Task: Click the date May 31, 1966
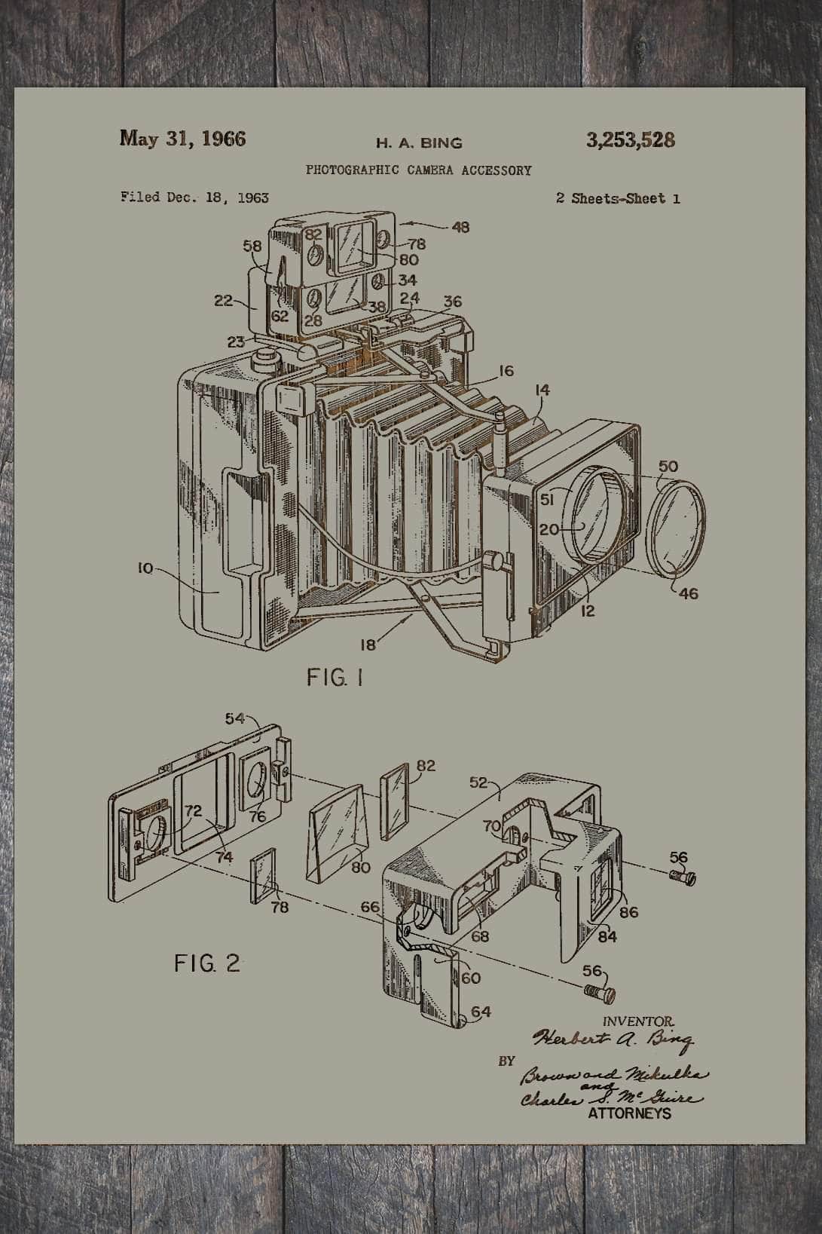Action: coord(182,139)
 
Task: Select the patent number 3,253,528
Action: coord(630,139)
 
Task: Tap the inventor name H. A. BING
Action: coord(419,142)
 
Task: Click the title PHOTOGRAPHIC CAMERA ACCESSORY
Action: coord(418,170)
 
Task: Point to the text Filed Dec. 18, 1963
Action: coord(194,198)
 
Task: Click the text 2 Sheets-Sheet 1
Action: coord(618,199)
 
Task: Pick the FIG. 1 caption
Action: coord(335,678)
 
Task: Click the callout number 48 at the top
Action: coord(460,226)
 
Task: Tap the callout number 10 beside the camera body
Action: coord(145,568)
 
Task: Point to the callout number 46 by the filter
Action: coord(688,594)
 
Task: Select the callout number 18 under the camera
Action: coord(368,644)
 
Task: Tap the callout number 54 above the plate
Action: coord(235,718)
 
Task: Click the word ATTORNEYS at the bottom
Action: coord(629,1113)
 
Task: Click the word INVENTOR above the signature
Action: coord(633,1021)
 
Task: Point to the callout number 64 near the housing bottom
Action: coord(480,1012)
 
